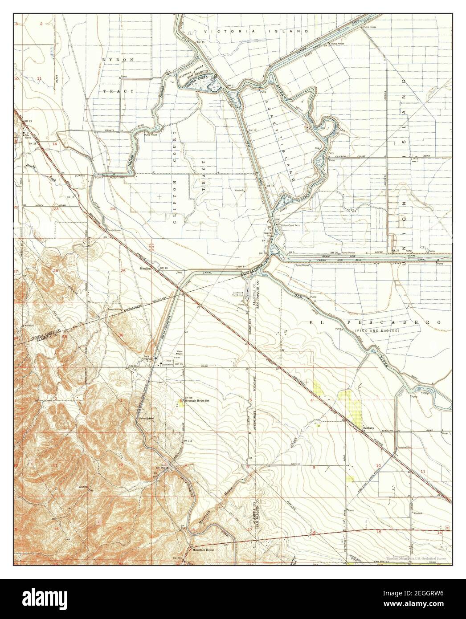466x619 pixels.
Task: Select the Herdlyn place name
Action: pos(146,269)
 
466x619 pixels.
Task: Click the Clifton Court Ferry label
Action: pos(288,226)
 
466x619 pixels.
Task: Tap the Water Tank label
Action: pos(180,353)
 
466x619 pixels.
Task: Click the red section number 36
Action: pos(121,334)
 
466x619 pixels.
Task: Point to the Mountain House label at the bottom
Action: pos(200,550)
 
